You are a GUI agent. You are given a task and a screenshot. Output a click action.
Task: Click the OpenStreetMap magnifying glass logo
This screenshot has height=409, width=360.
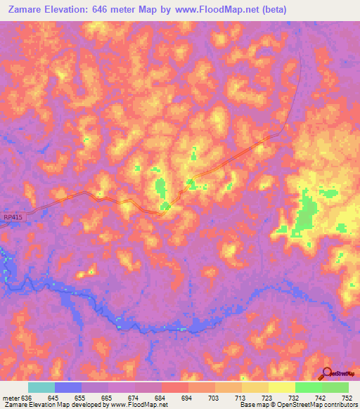[x=327, y=373]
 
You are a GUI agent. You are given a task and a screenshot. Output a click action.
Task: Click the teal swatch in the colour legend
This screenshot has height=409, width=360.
[x=41, y=387]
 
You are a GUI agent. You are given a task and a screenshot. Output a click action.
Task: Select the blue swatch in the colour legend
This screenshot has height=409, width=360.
[x=68, y=387]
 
